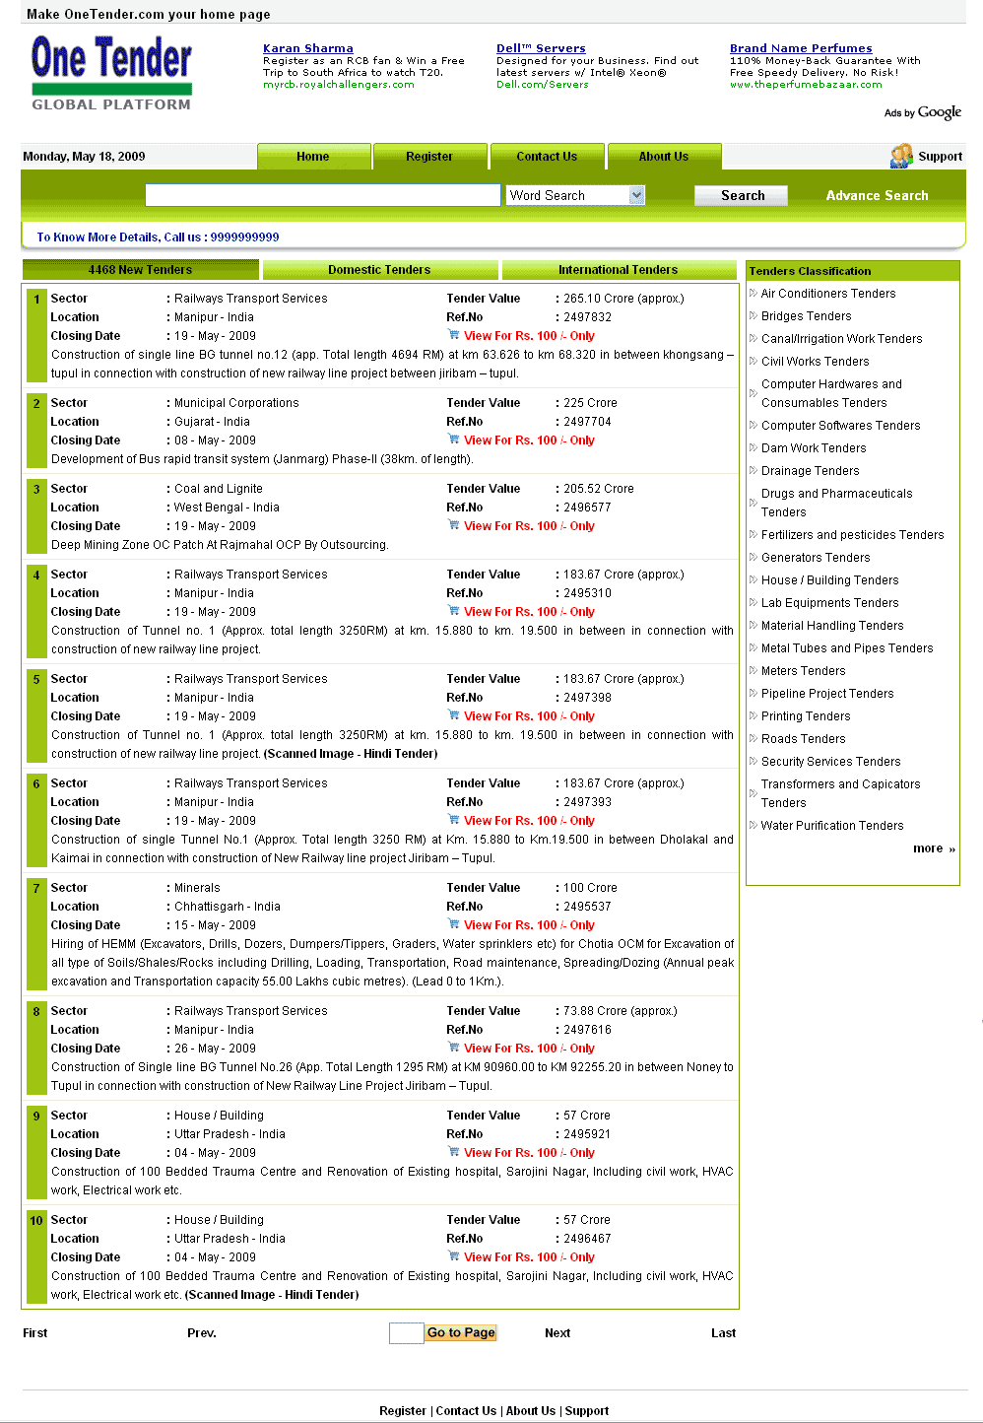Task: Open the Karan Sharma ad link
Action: (307, 48)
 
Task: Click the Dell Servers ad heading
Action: (541, 48)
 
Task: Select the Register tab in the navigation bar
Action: (429, 157)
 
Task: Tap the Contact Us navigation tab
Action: (547, 157)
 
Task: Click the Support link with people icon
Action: (927, 157)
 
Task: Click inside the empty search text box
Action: (322, 195)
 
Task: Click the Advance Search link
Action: (877, 195)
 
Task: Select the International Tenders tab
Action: (619, 270)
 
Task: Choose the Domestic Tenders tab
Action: (379, 270)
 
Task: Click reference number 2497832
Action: (587, 317)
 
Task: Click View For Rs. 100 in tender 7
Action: (529, 925)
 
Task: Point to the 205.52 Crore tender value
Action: (599, 489)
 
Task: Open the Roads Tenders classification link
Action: (803, 739)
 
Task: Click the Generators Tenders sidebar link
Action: (816, 558)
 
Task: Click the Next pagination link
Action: (557, 1333)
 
